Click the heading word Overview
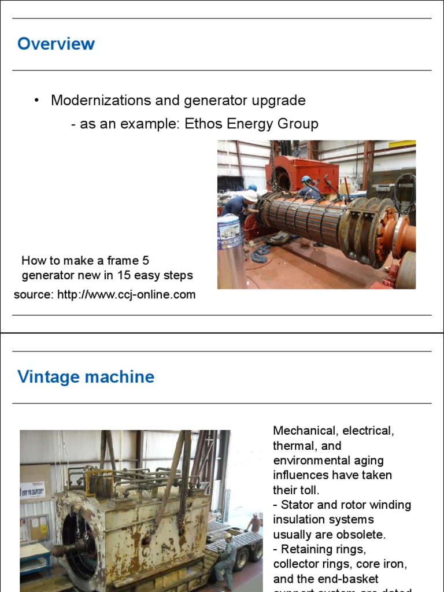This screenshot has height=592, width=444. click(x=56, y=44)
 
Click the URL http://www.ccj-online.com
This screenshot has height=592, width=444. click(x=126, y=295)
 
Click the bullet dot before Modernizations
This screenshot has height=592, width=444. click(x=36, y=100)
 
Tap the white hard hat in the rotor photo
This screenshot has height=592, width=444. click(x=250, y=196)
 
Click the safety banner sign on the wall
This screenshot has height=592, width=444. click(x=32, y=490)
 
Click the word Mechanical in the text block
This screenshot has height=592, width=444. click(x=304, y=431)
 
